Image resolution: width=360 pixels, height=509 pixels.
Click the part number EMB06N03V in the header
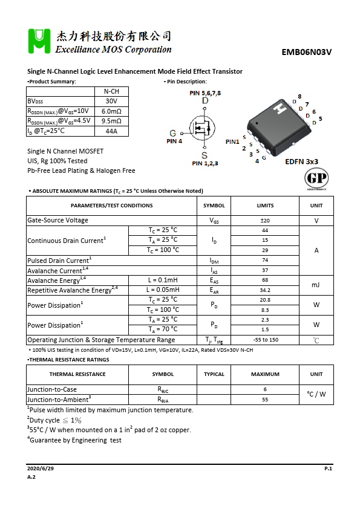coord(307,52)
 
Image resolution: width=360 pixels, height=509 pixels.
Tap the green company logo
coord(38,42)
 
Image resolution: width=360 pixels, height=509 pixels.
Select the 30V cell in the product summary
coord(111,101)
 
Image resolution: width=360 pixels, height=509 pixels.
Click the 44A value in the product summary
coord(111,131)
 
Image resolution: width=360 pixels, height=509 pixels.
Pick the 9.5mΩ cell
coord(111,121)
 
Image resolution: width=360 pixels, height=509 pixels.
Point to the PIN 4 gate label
coord(174,141)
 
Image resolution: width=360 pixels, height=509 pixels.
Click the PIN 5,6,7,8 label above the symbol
coord(205,93)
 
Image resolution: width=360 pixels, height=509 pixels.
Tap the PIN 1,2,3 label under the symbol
coord(205,163)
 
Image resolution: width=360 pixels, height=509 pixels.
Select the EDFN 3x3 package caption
coord(301,162)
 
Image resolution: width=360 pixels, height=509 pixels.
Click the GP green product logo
coord(315,178)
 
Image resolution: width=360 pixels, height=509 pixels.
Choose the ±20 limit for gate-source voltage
coord(265,221)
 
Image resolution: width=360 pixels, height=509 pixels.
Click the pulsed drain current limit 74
coord(265,261)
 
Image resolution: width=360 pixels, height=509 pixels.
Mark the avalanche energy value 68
coord(265,280)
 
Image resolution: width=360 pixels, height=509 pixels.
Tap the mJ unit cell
coord(316,285)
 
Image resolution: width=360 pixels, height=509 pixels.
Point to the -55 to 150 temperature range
coord(265,340)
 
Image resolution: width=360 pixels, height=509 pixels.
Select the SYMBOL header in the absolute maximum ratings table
coord(214,206)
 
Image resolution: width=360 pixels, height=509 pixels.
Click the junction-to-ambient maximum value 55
coord(265,400)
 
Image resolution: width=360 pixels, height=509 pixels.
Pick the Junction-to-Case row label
coord(52,390)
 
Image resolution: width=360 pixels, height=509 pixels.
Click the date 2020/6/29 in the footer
coord(41,468)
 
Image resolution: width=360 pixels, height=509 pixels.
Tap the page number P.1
coord(328,468)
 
